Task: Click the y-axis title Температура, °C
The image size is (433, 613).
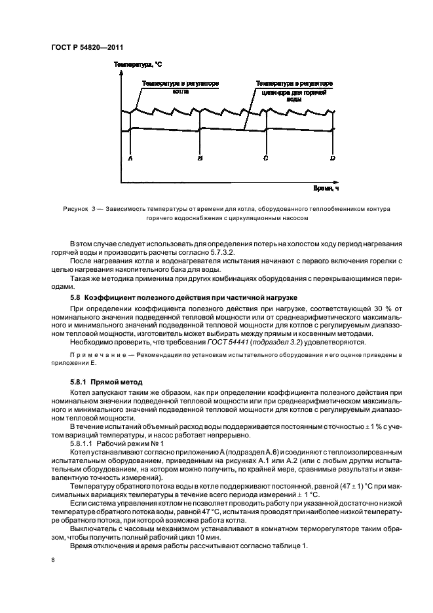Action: (138, 65)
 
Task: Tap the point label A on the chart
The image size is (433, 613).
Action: (130, 158)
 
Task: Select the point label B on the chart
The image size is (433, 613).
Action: (200, 158)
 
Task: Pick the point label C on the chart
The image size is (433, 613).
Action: (265, 158)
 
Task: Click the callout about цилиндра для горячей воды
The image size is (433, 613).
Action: (294, 92)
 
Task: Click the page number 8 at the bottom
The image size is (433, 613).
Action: (52, 559)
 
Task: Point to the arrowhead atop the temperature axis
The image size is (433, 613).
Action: (121, 73)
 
